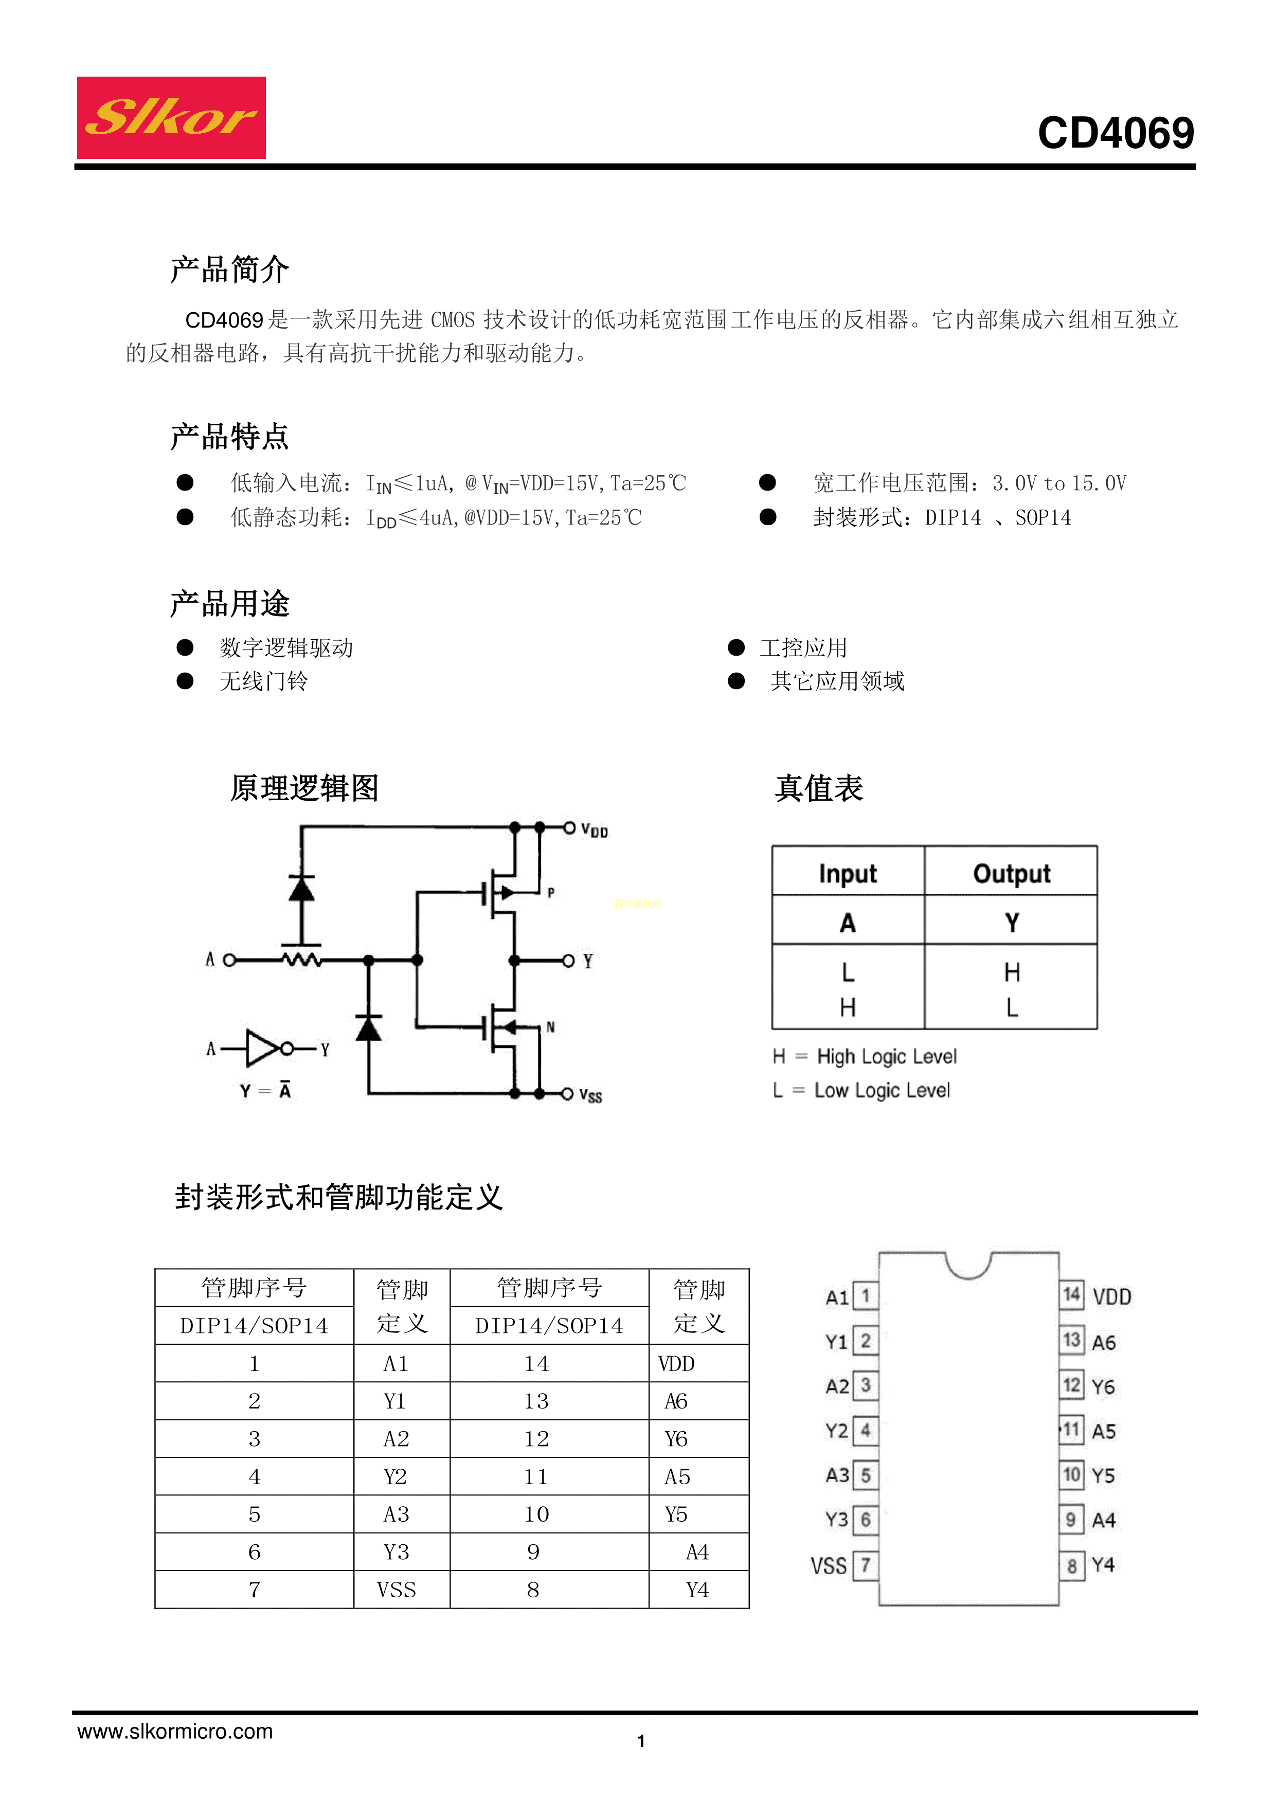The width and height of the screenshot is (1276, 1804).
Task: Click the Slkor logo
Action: (171, 118)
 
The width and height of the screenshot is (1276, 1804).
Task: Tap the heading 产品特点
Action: (229, 437)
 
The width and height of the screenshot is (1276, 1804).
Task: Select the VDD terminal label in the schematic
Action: (594, 831)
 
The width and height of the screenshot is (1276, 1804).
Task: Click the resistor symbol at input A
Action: (301, 960)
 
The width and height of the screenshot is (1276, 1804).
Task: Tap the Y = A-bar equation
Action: (265, 1091)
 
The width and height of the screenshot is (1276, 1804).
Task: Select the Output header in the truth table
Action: (1011, 874)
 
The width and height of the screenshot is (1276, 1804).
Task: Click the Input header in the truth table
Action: (847, 874)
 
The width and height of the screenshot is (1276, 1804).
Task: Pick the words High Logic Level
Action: (886, 1057)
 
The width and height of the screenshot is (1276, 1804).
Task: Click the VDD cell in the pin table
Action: (676, 1363)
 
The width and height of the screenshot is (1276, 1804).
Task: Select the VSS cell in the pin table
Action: (396, 1590)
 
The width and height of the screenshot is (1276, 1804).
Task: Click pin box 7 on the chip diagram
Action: (865, 1565)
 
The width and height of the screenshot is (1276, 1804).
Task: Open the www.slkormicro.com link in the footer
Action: (174, 1731)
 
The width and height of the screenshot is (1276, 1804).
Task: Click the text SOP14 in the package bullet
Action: (1043, 518)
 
